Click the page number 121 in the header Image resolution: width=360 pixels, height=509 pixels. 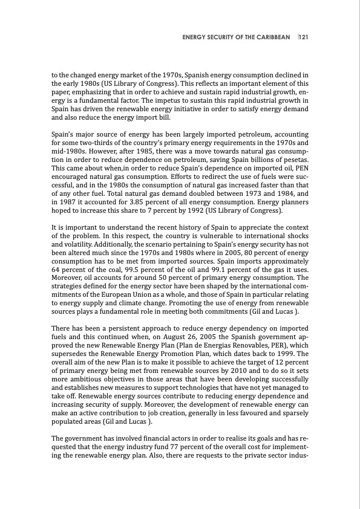coord(304,37)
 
